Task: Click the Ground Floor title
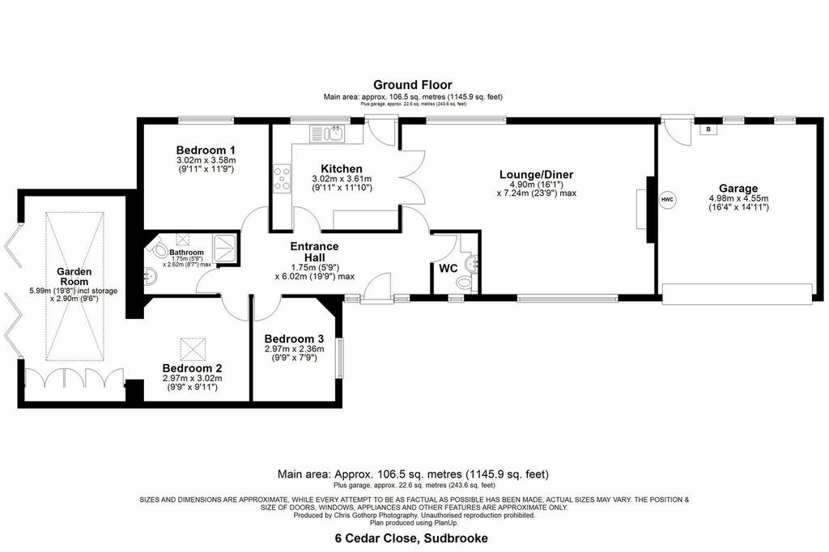[x=412, y=85]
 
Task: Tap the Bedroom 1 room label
[x=206, y=151]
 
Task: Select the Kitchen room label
[x=342, y=168]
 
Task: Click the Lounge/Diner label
[x=536, y=175]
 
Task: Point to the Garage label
[x=738, y=189]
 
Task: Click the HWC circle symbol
[x=667, y=199]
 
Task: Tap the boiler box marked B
[x=708, y=129]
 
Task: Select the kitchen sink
[x=327, y=134]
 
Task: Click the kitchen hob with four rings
[x=282, y=178]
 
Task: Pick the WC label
[x=448, y=269]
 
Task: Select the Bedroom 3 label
[x=294, y=339]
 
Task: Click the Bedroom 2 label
[x=192, y=368]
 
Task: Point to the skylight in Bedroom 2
[x=192, y=349]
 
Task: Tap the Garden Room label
[x=74, y=277]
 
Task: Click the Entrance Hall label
[x=315, y=251]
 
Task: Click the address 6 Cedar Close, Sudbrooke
[x=411, y=539]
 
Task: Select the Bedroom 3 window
[x=340, y=358]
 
